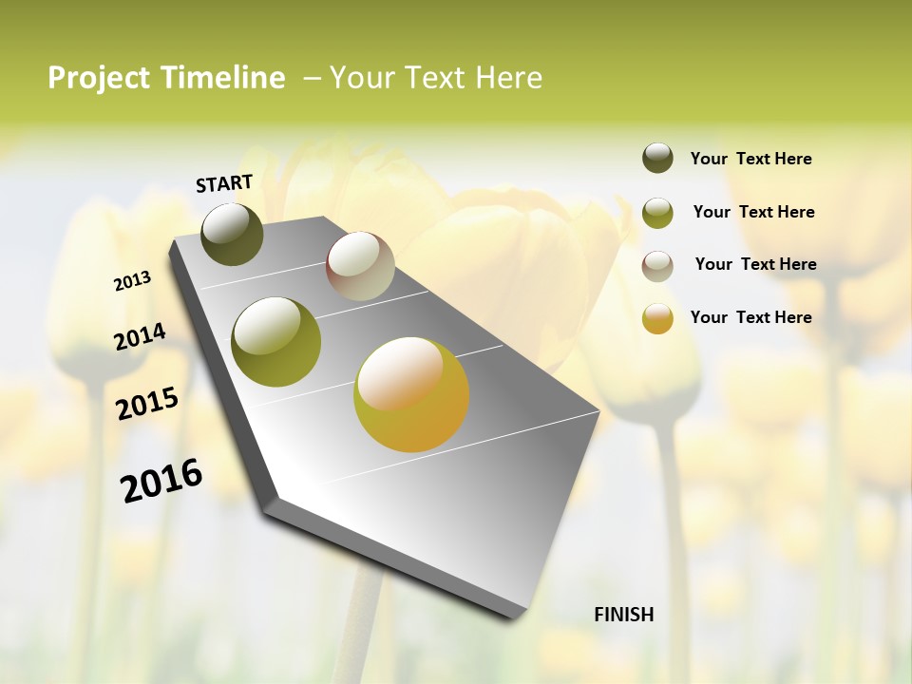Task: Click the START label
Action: (224, 183)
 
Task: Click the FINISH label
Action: (623, 615)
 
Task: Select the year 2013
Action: (132, 281)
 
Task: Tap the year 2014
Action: (140, 336)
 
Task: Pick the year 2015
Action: (147, 403)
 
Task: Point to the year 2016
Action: (161, 481)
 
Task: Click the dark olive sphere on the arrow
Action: (233, 234)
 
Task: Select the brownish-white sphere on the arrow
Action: (361, 266)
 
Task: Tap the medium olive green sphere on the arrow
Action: (276, 341)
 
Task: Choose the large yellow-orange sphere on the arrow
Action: (411, 394)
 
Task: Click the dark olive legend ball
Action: (657, 159)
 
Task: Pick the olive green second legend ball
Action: (657, 212)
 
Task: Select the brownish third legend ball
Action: (657, 265)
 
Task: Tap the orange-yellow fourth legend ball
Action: (657, 318)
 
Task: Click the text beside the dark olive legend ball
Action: (750, 160)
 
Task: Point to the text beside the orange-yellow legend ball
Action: (750, 317)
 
